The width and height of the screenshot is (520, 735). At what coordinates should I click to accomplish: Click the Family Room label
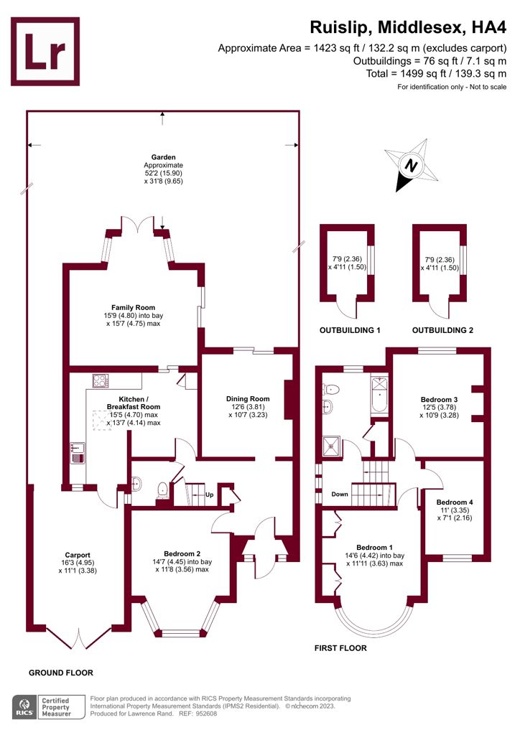[x=133, y=307]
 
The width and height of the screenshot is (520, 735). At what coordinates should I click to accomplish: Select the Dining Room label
[x=248, y=399]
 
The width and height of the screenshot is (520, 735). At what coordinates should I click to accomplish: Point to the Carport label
[x=77, y=555]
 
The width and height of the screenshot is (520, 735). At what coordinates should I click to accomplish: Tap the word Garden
[x=163, y=156]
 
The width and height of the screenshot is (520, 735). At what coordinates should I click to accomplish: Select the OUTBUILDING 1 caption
[x=350, y=331]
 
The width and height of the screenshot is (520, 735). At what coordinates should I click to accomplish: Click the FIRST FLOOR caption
[x=340, y=648]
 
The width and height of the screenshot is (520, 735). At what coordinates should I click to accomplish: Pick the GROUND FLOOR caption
[x=60, y=673]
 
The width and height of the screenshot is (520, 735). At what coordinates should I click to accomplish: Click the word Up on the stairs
[x=209, y=495]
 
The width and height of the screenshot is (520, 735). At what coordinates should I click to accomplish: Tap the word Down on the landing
[x=340, y=495]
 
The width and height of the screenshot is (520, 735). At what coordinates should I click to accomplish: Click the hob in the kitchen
[x=99, y=380]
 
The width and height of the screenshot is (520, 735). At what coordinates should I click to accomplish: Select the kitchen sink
[x=78, y=452]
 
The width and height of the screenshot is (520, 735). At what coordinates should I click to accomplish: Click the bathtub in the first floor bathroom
[x=379, y=395]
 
